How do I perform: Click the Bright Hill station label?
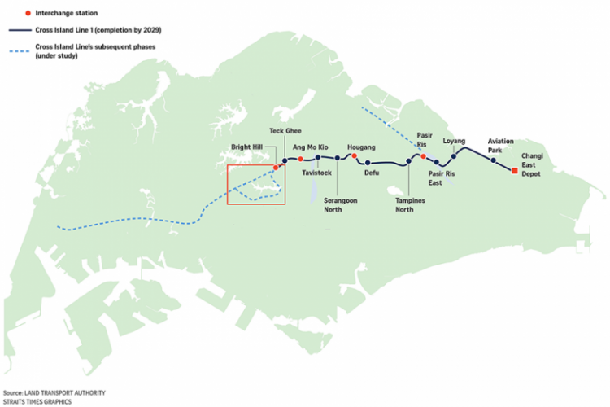coord(246,147)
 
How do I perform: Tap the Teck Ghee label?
coord(285,131)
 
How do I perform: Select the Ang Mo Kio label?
coord(311,147)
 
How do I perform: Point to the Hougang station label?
coord(361,147)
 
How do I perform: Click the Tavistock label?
coord(316,173)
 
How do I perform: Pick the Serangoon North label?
coord(341,205)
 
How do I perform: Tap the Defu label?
coord(372,173)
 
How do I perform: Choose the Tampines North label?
coord(410,205)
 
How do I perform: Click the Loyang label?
coord(454,141)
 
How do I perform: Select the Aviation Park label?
coord(501,146)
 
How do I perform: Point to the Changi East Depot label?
coord(532,164)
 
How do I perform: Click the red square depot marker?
coord(515,171)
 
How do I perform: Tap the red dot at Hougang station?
coord(354,155)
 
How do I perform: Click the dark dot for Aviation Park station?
coord(493,160)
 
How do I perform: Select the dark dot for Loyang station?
coord(454,156)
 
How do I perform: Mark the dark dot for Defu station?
coord(368,163)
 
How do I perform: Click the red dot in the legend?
coord(28,13)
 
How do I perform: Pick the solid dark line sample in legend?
coord(20,30)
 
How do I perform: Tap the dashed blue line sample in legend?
coord(20,51)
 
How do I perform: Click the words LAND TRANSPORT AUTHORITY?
coord(65,392)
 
